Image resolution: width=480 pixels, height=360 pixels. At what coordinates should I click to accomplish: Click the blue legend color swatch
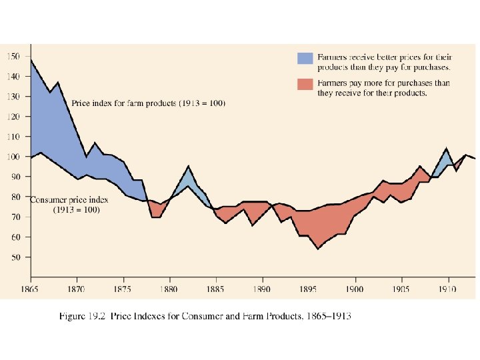pyautogui.click(x=305, y=58)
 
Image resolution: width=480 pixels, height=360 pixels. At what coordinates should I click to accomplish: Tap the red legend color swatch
pyautogui.click(x=305, y=85)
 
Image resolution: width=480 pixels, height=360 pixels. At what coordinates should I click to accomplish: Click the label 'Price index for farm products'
pyautogui.click(x=148, y=104)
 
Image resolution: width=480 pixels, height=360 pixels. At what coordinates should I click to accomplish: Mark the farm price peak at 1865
pyautogui.click(x=31, y=60)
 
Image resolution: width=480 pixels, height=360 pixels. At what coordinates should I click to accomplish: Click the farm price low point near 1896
pyautogui.click(x=318, y=249)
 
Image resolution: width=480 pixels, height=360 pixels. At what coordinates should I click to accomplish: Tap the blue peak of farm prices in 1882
pyautogui.click(x=189, y=165)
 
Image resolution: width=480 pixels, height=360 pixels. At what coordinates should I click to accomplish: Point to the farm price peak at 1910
pyautogui.click(x=446, y=148)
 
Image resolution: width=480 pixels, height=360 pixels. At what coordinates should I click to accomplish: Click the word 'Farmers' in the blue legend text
pyautogui.click(x=331, y=58)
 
